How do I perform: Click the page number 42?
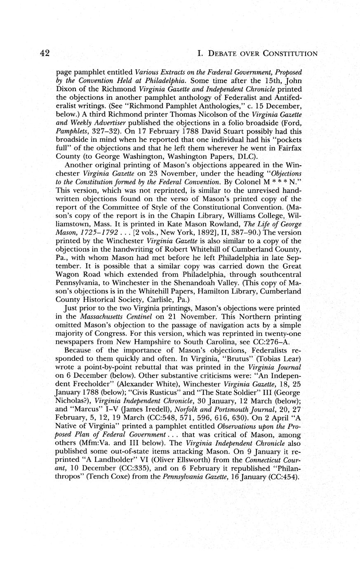click(x=45, y=53)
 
